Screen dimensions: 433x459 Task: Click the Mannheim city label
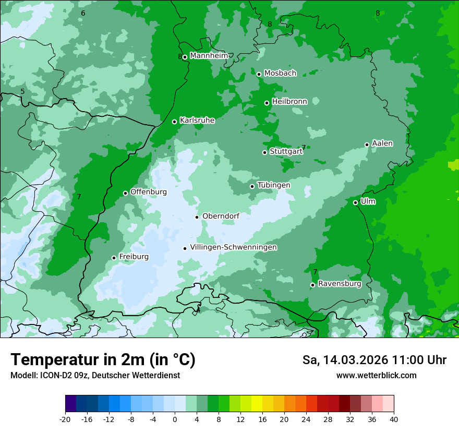pos(209,56)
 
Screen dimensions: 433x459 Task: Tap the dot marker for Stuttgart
pos(264,152)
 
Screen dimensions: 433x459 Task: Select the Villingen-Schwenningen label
pos(233,247)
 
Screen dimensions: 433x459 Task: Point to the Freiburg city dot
pos(114,258)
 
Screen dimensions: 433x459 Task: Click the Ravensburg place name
pos(340,284)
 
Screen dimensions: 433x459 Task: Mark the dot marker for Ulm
pos(355,202)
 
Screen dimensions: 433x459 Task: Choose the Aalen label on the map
pos(382,143)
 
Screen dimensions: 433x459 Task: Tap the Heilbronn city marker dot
pos(267,103)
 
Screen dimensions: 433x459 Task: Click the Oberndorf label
pos(221,216)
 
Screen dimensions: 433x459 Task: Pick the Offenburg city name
pos(149,192)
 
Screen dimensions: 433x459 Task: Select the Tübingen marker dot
pos(252,186)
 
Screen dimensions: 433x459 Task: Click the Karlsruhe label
pos(197,121)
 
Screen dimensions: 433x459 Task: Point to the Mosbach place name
pos(280,74)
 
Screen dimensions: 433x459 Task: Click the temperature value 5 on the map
pos(22,92)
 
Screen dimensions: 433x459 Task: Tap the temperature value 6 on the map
pos(83,13)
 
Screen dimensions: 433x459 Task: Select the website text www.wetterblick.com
pos(376,376)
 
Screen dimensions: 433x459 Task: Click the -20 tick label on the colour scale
pos(65,419)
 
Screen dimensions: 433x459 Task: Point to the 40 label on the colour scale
pos(394,419)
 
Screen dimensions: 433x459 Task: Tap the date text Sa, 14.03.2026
pos(344,360)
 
